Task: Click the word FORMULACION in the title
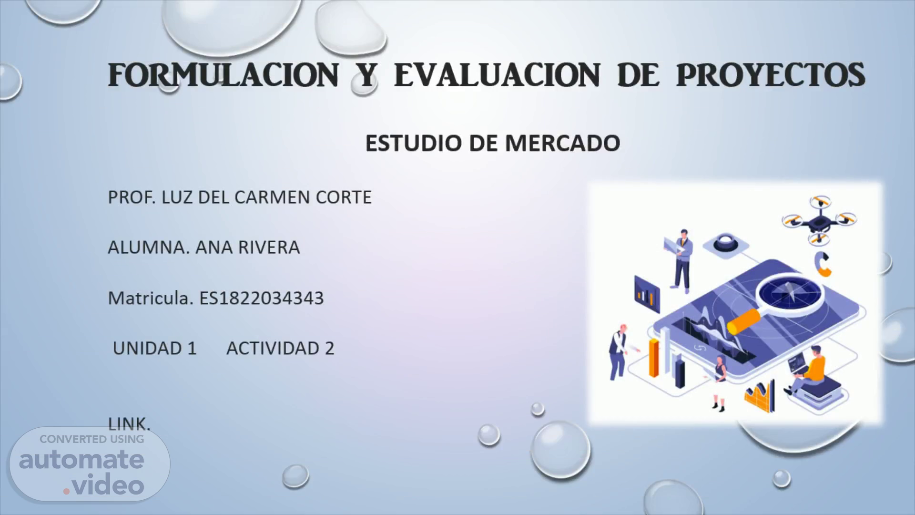pos(223,75)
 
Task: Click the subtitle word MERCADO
pos(562,143)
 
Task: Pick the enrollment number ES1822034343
pos(262,298)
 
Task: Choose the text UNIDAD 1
pos(154,349)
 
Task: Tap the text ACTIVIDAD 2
pos(280,349)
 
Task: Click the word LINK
pos(129,424)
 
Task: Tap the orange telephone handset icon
pos(822,264)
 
